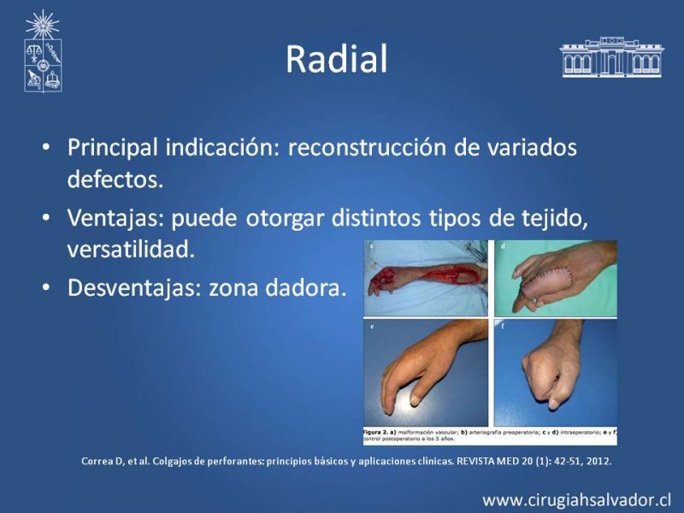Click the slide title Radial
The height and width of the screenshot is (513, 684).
click(336, 59)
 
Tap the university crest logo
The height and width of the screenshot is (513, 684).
click(43, 51)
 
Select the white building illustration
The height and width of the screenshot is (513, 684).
click(611, 57)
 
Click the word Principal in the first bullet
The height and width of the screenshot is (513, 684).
click(113, 147)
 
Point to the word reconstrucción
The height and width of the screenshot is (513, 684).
click(367, 147)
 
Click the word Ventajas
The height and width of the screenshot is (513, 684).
click(115, 218)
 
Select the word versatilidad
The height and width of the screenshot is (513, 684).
click(131, 249)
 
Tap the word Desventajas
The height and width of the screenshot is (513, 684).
click(135, 287)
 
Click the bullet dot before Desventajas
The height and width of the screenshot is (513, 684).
click(46, 288)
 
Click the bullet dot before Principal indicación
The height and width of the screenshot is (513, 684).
click(46, 147)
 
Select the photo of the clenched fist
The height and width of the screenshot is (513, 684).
click(555, 373)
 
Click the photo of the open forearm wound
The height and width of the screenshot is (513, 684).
click(425, 278)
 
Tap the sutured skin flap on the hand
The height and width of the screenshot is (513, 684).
click(546, 284)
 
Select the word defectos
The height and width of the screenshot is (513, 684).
click(115, 179)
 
